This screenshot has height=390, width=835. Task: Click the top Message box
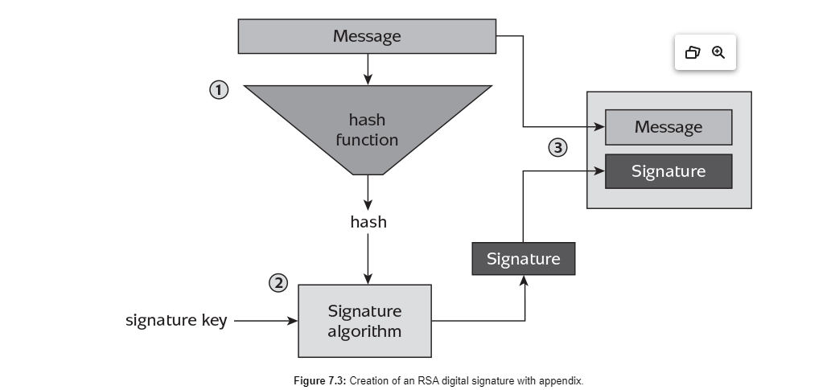point(367,36)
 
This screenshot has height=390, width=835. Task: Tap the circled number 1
point(218,89)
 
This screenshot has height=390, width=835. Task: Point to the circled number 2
point(278,283)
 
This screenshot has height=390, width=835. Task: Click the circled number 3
point(557,147)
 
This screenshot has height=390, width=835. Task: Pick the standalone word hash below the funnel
point(368,222)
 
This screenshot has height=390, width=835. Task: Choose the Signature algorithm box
point(364,321)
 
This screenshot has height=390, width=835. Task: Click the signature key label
point(176,320)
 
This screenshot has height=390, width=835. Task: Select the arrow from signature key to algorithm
point(265,321)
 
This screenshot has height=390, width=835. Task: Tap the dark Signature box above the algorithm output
point(524,259)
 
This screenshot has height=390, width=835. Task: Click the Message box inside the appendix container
point(668,127)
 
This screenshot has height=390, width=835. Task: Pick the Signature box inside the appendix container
point(668,171)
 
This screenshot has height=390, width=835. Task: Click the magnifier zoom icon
point(718,52)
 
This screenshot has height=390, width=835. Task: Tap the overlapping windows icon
point(693,52)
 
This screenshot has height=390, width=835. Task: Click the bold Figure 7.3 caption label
point(320,381)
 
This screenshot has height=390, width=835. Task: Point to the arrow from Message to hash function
point(368,69)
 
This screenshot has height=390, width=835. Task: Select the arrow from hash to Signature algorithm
point(368,259)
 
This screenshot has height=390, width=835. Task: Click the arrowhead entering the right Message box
point(599,126)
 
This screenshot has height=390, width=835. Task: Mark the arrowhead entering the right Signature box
point(599,170)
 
